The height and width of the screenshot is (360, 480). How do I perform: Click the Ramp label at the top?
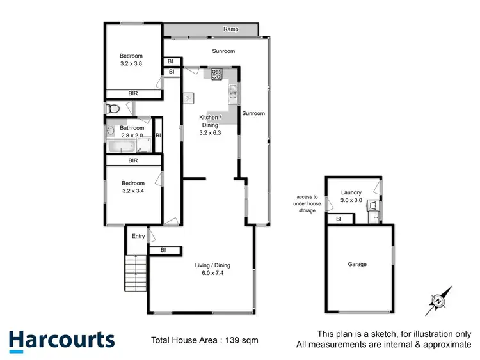pyautogui.click(x=231, y=29)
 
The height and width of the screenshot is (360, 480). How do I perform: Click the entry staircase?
pyautogui.click(x=135, y=272)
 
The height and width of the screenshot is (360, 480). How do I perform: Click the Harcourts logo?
pyautogui.click(x=61, y=341)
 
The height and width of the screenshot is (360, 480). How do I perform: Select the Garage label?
pyautogui.click(x=357, y=264)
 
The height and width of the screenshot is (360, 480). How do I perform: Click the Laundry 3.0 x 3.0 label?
pyautogui.click(x=351, y=196)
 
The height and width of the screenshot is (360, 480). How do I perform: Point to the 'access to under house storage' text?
pyautogui.click(x=306, y=203)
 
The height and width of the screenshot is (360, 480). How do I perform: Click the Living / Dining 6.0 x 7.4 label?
pyautogui.click(x=212, y=269)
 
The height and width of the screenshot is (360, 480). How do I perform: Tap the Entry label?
pyautogui.click(x=138, y=237)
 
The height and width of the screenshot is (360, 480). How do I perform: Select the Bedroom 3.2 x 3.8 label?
pyautogui.click(x=132, y=60)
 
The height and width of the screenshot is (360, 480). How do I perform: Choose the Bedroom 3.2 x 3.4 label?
pyautogui.click(x=133, y=186)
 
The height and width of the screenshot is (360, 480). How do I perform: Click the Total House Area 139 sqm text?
pyautogui.click(x=204, y=340)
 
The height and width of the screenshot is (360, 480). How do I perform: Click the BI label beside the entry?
pyautogui.click(x=163, y=250)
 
